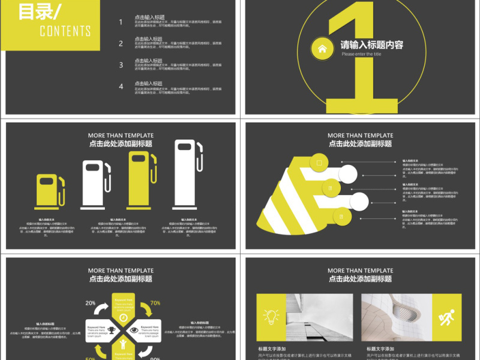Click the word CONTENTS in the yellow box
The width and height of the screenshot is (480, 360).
[x=65, y=31]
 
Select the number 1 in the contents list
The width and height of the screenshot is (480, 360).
[x=121, y=22]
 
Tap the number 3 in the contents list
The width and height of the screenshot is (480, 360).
[x=121, y=65]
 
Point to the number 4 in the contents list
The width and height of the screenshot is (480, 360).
[x=121, y=86]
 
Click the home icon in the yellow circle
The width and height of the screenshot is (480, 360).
[x=323, y=49]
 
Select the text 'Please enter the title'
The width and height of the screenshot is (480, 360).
[x=361, y=54]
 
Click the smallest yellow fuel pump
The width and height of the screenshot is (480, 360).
[x=50, y=191]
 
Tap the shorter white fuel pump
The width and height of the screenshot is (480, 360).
[x=96, y=185]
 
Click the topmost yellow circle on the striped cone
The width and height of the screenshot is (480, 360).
[x=319, y=163]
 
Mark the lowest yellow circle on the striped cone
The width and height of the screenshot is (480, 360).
[x=341, y=217]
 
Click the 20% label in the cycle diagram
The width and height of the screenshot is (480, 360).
[x=91, y=303]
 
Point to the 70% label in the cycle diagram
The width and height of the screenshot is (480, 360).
[x=155, y=303]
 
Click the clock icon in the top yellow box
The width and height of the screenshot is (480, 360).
[x=123, y=317]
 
